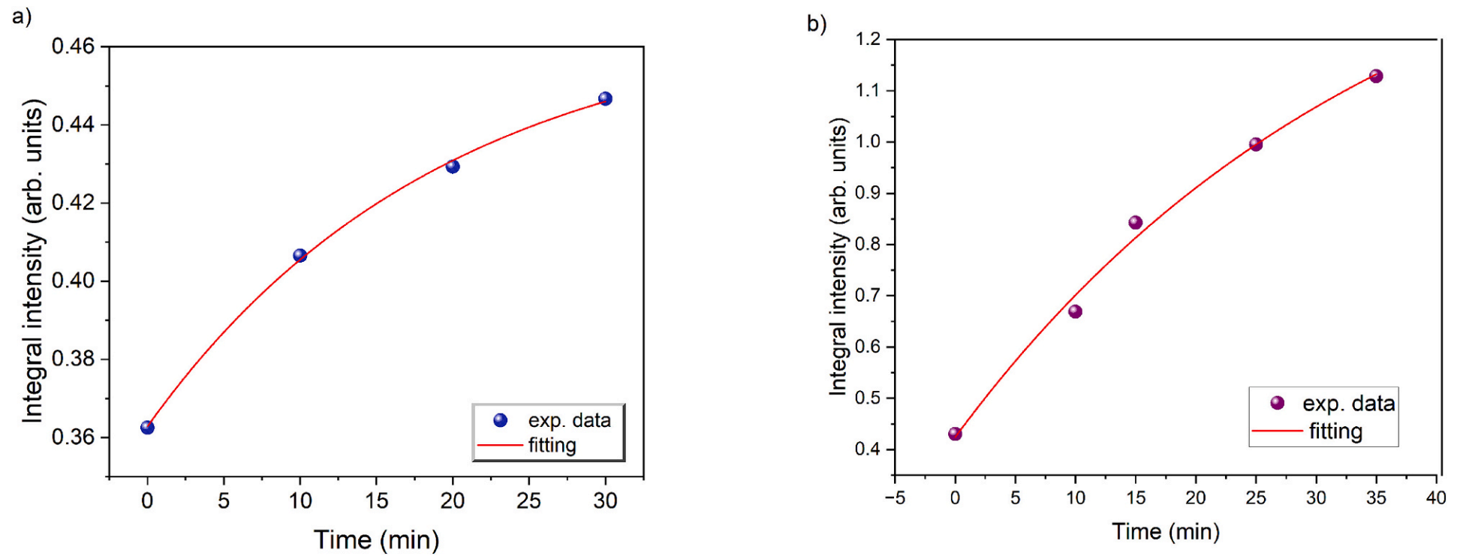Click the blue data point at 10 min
pos(300,256)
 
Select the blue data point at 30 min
pos(605,99)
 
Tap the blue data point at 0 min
pos(147,428)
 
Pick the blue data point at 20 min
pos(453,167)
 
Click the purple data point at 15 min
pos(1135,223)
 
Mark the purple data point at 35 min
pos(1376,77)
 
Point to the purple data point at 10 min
pos(1075,311)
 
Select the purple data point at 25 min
pos(1256,145)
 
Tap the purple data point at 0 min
pos(955,434)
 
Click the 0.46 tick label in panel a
pos(74,47)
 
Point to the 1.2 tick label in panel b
pos(868,39)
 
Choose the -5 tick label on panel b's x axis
pos(894,497)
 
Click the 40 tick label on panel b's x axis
pos(1435,497)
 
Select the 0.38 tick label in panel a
pos(74,359)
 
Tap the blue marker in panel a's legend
pos(501,420)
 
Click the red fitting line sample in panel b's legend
pos(1276,431)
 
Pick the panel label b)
pos(817,24)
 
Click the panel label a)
pos(22,17)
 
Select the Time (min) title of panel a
pos(376,540)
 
